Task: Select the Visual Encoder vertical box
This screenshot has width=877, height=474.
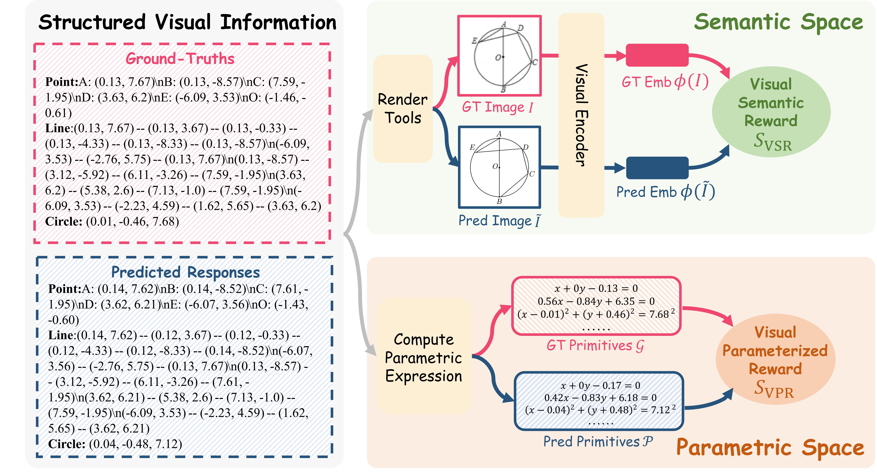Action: click(x=581, y=115)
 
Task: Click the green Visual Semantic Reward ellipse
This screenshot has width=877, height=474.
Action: click(x=771, y=112)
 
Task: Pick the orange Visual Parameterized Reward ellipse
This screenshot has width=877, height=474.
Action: click(x=775, y=361)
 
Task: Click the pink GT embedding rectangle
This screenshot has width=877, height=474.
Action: click(x=657, y=55)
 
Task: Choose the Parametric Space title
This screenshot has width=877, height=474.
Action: click(x=770, y=447)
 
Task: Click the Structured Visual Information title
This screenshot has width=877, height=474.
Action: click(x=187, y=22)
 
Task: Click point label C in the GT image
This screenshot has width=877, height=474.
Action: click(x=535, y=62)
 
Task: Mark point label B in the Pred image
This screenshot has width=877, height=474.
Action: click(x=499, y=201)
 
